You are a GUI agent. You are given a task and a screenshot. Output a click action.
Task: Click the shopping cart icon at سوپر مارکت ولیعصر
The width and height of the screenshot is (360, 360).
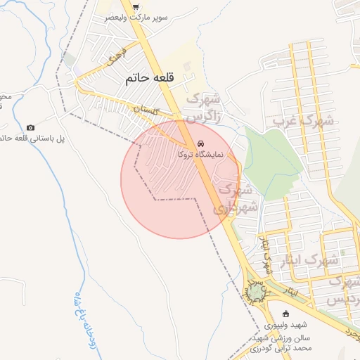(135, 6)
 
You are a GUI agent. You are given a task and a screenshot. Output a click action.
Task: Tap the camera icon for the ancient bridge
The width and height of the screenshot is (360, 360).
(30, 127)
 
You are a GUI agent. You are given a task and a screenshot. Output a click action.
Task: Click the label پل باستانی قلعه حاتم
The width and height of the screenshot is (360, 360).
(31, 139)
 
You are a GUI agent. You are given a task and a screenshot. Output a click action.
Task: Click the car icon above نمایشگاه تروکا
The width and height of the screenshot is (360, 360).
(202, 142)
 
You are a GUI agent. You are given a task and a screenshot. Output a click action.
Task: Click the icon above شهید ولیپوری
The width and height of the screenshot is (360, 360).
(285, 314)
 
